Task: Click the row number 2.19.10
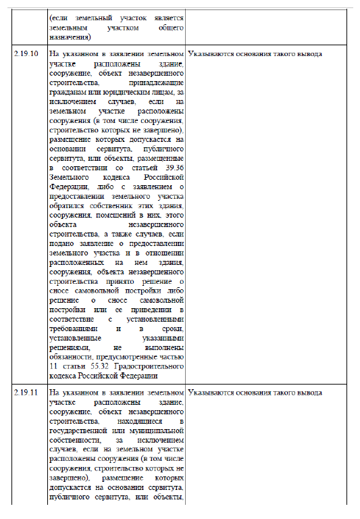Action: click(x=26, y=53)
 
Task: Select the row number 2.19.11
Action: click(x=26, y=393)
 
